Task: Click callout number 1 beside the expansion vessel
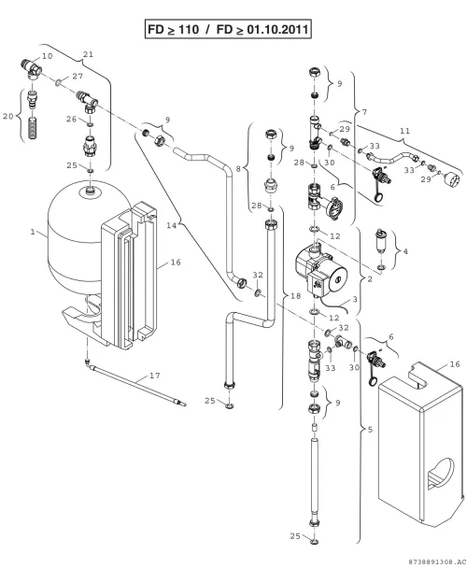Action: [33, 232]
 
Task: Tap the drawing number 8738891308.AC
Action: [436, 561]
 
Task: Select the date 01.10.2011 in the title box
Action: [277, 29]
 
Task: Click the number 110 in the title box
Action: [189, 29]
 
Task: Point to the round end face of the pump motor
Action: [338, 279]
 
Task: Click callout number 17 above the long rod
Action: [155, 376]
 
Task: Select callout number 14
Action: [171, 225]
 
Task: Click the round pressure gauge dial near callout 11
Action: [452, 179]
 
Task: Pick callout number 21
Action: [89, 54]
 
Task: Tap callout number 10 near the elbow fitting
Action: [48, 56]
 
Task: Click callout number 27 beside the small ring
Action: [78, 76]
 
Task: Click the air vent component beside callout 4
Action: [380, 242]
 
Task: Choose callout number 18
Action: [296, 296]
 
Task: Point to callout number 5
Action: [370, 430]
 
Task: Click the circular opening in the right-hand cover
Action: [441, 473]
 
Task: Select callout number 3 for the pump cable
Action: [355, 299]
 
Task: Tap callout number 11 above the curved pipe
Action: [405, 131]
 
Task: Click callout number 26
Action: [71, 120]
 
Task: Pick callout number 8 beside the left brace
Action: [238, 169]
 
